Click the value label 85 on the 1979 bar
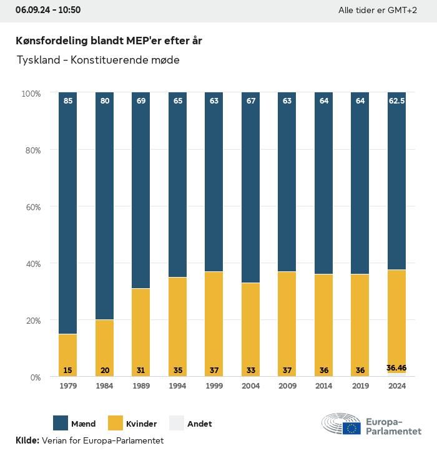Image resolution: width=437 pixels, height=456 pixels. (67, 100)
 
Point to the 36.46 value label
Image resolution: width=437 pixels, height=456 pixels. (396, 368)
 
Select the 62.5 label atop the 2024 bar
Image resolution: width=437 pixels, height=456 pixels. (396, 100)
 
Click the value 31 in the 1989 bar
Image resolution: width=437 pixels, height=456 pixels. (141, 371)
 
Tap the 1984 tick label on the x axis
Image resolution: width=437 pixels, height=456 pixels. (104, 387)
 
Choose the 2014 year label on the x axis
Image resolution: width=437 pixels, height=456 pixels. (323, 387)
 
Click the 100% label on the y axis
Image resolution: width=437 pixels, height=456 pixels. (31, 93)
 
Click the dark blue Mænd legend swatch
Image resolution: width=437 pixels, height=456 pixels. (61, 424)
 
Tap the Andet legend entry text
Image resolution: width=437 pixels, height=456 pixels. (200, 424)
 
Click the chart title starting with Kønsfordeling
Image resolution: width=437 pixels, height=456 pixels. (109, 41)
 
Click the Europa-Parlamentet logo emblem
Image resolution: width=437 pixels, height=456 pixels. (341, 425)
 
